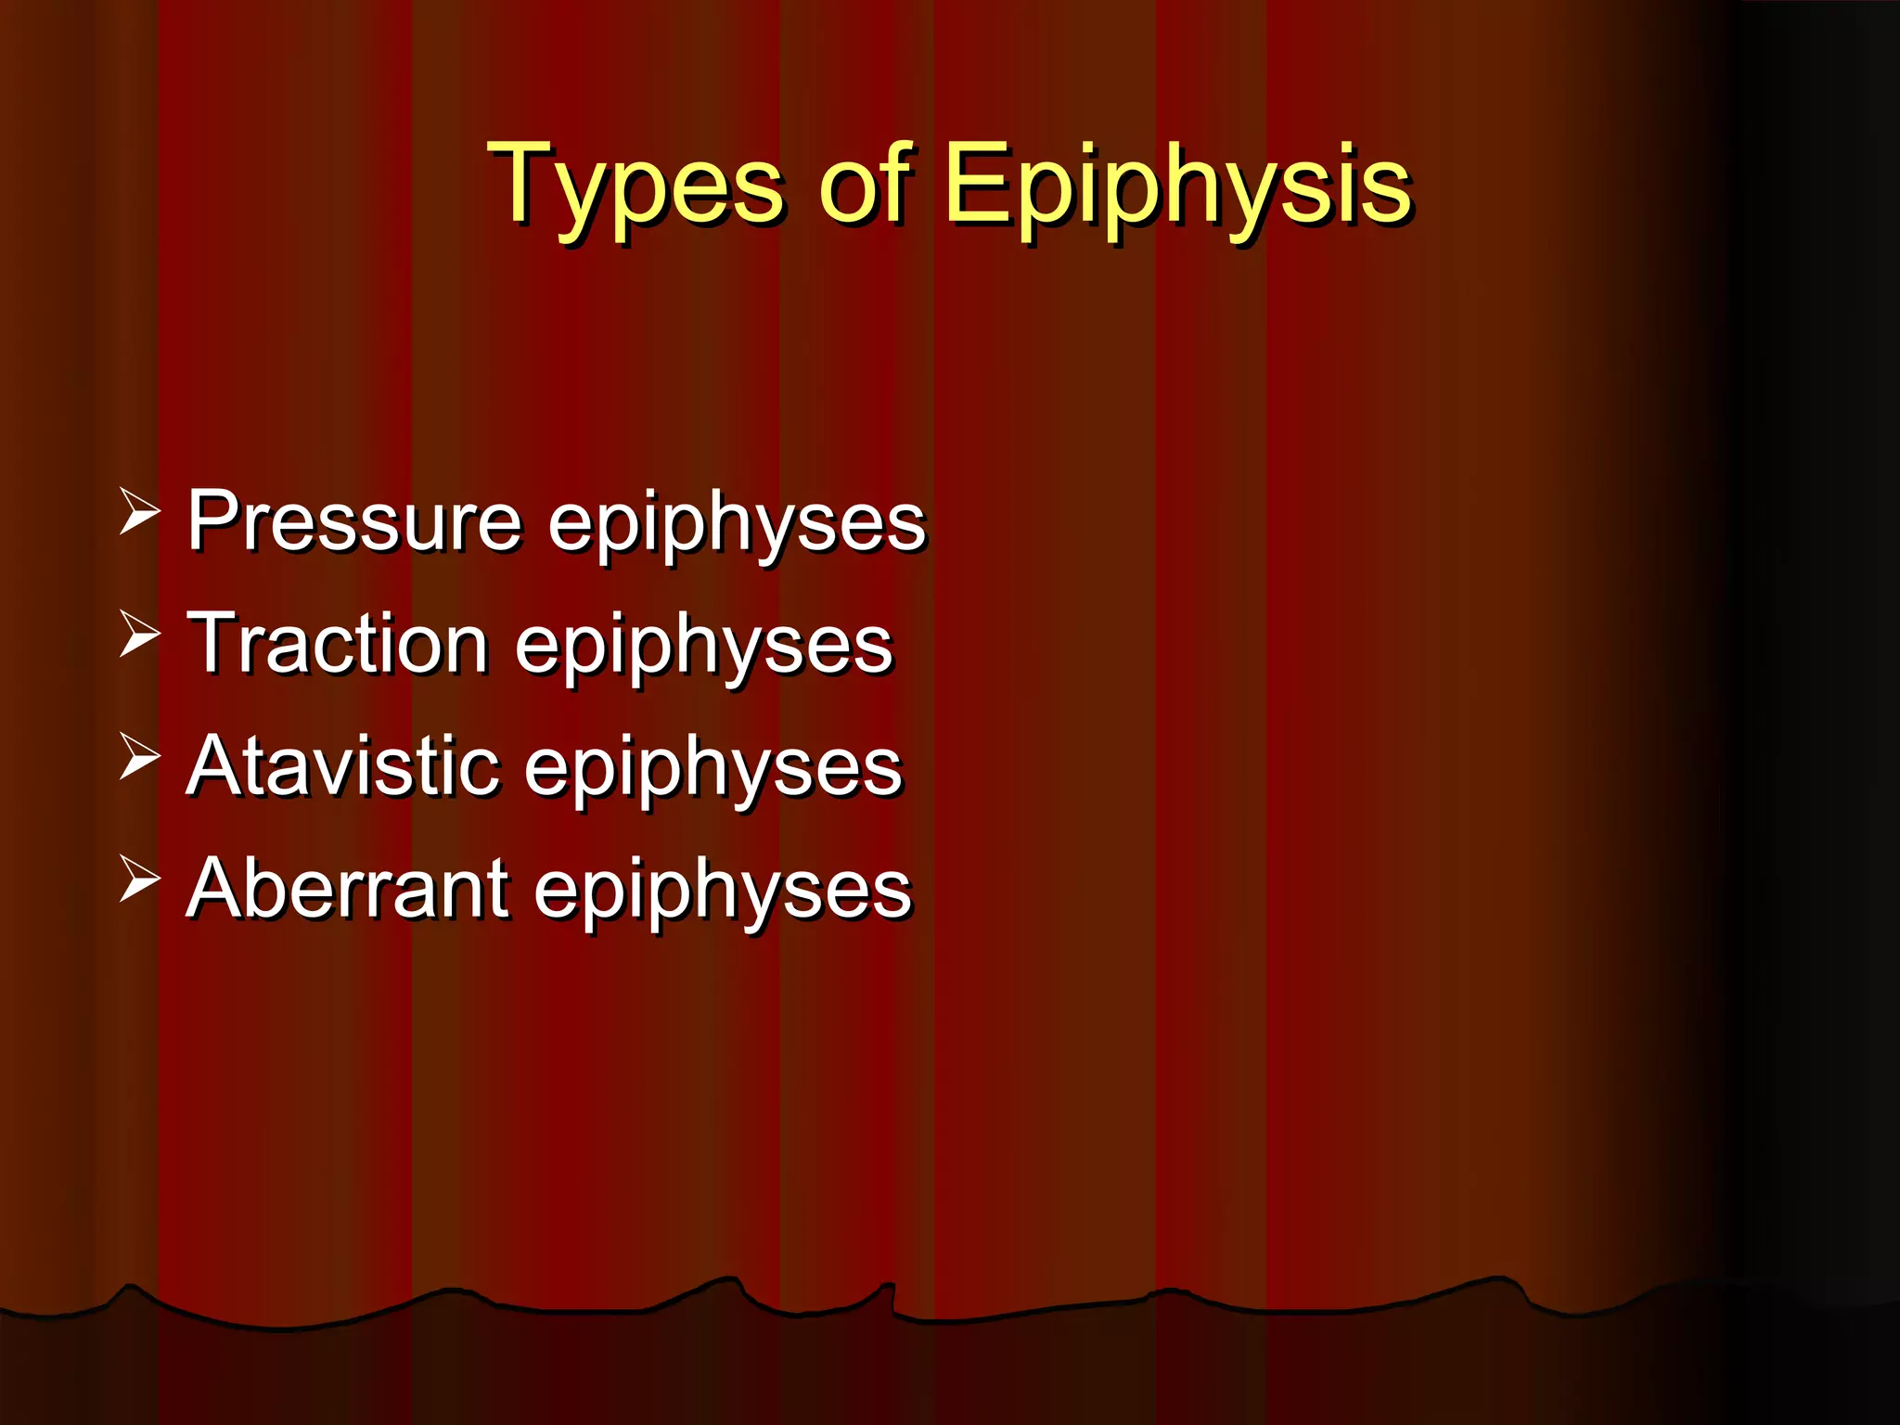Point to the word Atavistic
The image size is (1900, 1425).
[343, 766]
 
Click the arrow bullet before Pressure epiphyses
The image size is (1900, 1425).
[140, 513]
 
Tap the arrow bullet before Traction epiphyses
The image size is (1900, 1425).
[140, 635]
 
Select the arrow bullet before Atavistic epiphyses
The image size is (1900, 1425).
[140, 758]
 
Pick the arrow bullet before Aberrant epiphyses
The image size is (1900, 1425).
[140, 880]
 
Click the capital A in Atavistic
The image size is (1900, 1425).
[215, 766]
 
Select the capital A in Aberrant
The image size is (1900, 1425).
[215, 889]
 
